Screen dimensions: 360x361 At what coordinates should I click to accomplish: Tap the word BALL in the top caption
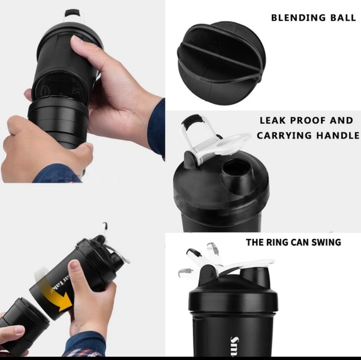pos(343,17)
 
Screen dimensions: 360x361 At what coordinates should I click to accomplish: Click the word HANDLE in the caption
pos(342,136)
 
